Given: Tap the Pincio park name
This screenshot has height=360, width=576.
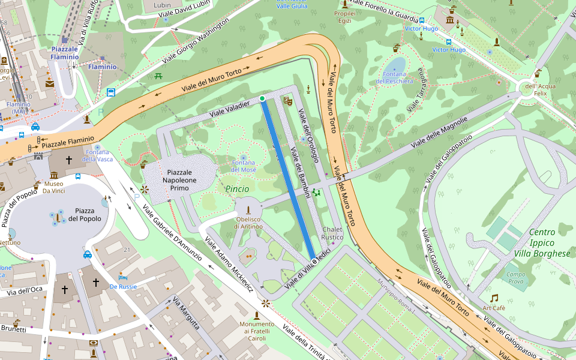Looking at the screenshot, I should (237, 189).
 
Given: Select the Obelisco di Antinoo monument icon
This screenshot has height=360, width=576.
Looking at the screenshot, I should (248, 211).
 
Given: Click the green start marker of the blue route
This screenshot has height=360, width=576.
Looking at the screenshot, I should (262, 98).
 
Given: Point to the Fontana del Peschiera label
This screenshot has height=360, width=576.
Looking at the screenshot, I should (394, 77).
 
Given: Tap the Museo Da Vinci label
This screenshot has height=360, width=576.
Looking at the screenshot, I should (53, 188).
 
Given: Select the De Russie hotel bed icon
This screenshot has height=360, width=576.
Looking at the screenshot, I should (122, 277).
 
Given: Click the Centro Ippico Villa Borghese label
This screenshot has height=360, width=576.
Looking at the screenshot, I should (541, 243).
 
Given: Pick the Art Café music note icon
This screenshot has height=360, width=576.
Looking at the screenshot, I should (494, 298).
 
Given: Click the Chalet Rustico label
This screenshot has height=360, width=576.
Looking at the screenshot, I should (332, 233).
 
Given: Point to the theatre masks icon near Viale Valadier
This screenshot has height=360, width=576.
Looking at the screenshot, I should (287, 101).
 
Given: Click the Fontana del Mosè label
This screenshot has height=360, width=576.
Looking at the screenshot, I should (244, 166).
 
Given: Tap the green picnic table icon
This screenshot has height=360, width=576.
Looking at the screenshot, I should (158, 76).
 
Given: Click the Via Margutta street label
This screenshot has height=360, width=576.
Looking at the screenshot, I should (186, 313).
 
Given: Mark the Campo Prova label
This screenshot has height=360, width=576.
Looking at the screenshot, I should (516, 277).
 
